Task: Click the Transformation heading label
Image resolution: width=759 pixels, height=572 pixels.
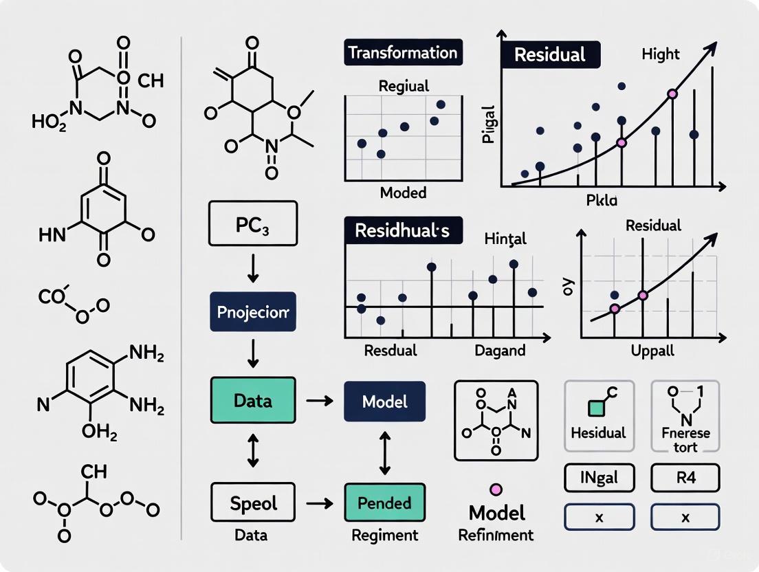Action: point(403,53)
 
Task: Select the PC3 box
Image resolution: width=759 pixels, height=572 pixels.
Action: point(252,223)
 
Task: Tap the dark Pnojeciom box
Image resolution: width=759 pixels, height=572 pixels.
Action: point(252,311)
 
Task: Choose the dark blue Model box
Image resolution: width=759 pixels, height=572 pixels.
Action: point(384,401)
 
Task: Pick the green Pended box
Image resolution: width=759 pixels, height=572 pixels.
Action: point(384,503)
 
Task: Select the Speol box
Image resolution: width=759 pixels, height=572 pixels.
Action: point(252,503)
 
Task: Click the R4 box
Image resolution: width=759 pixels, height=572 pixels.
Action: point(685,477)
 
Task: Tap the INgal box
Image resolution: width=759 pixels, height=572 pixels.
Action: point(598,477)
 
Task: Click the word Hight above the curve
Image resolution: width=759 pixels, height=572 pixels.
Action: point(661,54)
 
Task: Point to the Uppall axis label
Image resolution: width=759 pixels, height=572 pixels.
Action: point(652,351)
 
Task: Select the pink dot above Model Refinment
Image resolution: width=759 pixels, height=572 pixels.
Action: point(496,489)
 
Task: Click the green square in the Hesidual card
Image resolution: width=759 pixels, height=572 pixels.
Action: point(595,408)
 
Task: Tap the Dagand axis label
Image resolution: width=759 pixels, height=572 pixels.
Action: point(500,351)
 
